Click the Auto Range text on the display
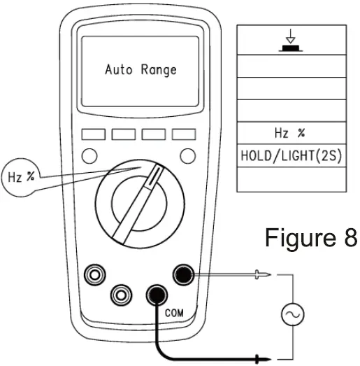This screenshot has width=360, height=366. coord(141,70)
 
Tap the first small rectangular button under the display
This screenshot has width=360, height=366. coord(92,133)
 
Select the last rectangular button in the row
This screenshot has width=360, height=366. coord(183,133)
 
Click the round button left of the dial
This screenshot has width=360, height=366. coord(89,155)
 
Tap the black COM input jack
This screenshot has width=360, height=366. coord(155,295)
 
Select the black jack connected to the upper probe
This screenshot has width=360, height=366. coord(185,275)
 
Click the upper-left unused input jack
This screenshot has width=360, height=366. coord(93,275)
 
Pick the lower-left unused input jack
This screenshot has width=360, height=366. coord(121,295)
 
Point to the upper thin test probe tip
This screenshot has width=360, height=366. coord(266,276)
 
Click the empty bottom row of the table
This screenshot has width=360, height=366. coord(291,179)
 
